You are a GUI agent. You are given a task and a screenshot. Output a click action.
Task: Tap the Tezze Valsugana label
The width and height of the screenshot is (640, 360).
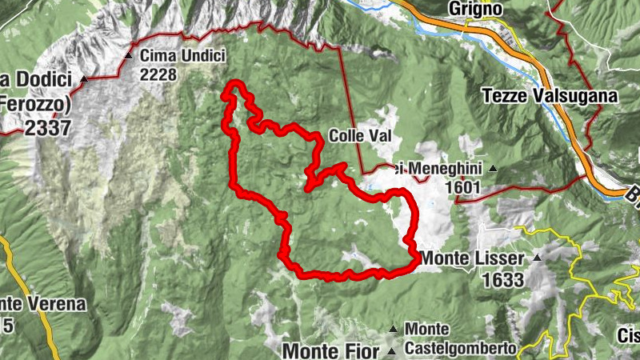coord(550,96)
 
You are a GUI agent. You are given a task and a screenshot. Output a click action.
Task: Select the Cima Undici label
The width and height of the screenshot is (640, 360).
coord(182,56)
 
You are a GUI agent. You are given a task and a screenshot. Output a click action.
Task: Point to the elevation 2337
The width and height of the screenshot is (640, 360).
coord(47,126)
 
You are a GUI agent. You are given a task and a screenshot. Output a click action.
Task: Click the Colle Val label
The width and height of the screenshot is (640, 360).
coord(359,136)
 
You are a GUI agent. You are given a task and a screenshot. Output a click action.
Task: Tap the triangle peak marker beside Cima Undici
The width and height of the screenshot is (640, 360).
coord(129,56)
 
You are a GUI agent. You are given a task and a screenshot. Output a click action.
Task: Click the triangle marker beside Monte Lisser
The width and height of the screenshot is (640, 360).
coord(538,258)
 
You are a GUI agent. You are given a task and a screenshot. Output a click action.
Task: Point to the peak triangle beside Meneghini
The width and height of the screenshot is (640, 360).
coord(493,169)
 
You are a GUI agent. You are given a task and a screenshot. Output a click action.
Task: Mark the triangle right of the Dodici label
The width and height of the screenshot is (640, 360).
coord(83,79)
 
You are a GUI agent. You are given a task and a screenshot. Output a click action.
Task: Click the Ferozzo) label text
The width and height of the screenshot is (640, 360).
coord(36,102)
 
